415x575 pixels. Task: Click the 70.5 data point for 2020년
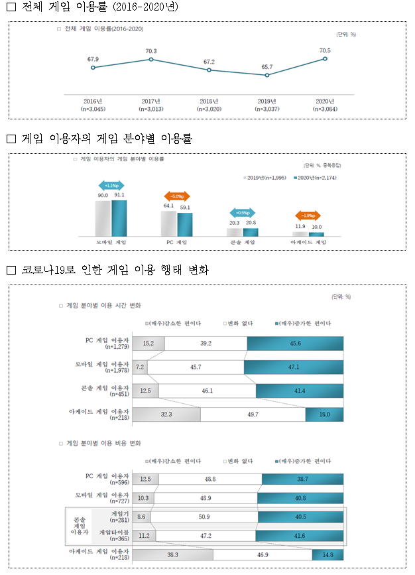pos(325,59)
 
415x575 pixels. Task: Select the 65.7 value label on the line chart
pos(267,67)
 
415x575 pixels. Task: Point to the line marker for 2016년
pos(93,68)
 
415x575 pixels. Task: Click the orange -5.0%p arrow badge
pos(177,196)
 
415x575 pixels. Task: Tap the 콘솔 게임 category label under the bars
pos(242,243)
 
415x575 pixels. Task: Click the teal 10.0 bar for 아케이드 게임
pos(316,234)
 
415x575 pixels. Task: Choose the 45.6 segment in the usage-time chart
pos(295,343)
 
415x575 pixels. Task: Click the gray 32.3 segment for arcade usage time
pos(166,415)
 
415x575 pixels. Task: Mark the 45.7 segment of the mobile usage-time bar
pos(196,367)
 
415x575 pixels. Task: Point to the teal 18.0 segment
pos(324,415)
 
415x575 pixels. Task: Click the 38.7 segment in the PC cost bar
pos(302,479)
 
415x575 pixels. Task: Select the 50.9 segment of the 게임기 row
pos(204,516)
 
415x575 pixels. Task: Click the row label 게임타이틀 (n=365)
pos(113,535)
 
